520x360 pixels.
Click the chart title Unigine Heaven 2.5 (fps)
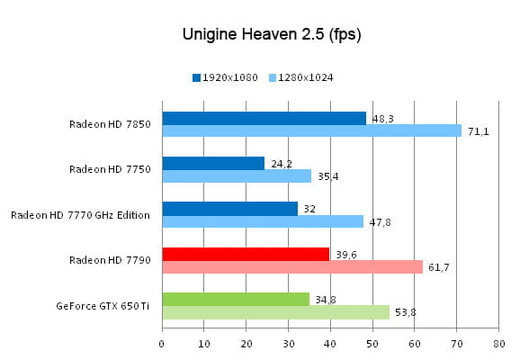click(x=259, y=34)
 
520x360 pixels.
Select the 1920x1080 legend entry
click(x=226, y=78)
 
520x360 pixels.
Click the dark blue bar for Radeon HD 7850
click(x=264, y=118)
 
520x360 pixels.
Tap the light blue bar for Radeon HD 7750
click(x=237, y=176)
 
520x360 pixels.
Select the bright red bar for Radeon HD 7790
click(x=246, y=254)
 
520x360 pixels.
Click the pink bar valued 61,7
click(x=292, y=266)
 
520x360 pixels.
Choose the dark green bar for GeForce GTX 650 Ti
click(x=236, y=299)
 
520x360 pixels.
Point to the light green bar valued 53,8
click(x=275, y=311)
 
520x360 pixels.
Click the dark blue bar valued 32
click(x=229, y=209)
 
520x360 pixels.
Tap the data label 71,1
click(x=477, y=131)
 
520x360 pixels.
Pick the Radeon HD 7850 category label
click(x=111, y=124)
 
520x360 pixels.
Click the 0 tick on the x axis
click(x=162, y=343)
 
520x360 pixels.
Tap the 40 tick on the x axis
click(x=330, y=343)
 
